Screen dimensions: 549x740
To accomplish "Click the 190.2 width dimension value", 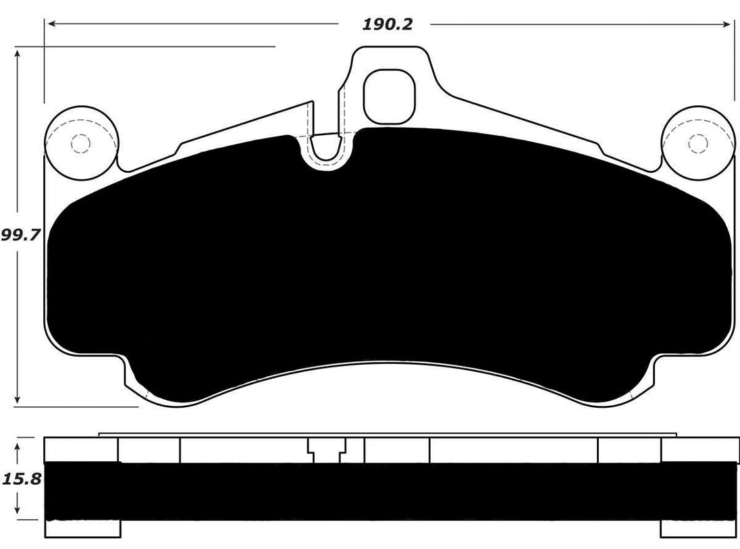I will click(x=387, y=24).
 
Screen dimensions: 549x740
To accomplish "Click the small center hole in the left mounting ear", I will click(x=80, y=144).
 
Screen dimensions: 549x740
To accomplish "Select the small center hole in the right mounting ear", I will click(x=697, y=143).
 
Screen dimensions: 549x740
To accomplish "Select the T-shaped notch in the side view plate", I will click(x=327, y=449).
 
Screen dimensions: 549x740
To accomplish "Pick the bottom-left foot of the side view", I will click(x=82, y=527).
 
